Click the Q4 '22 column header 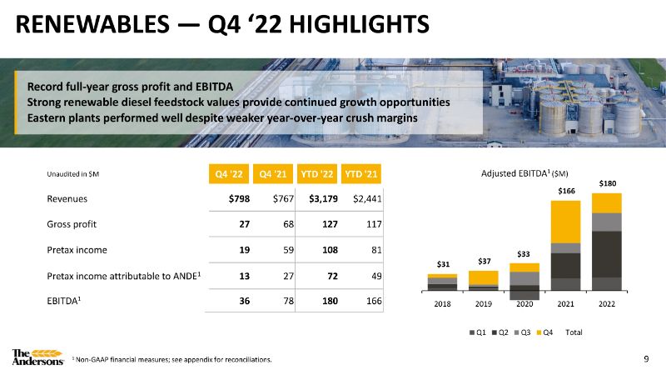pos(228,173)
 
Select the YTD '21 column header pos(362,173)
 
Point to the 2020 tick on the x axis pos(524,304)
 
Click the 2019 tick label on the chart pos(483,304)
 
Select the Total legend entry pos(574,333)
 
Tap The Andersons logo pos(37,357)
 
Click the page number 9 pos(647,359)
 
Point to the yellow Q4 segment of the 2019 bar pos(483,278)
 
